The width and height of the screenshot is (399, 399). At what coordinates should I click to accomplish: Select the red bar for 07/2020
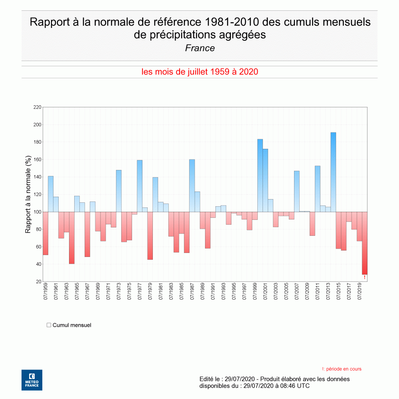pos(364,243)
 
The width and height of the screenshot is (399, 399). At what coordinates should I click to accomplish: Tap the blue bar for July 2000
pos(260,176)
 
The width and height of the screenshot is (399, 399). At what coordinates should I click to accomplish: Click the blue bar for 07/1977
pos(140,186)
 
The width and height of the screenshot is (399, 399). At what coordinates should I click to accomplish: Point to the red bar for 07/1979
pos(150,236)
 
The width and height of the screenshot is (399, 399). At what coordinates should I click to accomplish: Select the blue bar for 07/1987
pos(192,186)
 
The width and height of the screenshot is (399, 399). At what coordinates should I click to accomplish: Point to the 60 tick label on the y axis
pos(38,247)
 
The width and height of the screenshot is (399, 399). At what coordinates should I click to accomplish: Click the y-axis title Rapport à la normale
pos(28,194)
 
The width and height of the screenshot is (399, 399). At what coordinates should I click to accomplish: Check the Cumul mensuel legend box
pos(49,325)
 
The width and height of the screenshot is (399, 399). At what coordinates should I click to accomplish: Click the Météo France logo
pos(32,380)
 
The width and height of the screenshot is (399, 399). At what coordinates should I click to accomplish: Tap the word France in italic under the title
pos(199,48)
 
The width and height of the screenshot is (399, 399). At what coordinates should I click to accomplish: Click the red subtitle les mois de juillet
pos(199,72)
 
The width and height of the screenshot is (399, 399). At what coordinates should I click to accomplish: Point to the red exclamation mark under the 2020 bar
pos(364,277)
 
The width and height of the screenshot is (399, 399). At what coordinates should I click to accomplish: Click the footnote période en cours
pos(342,369)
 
